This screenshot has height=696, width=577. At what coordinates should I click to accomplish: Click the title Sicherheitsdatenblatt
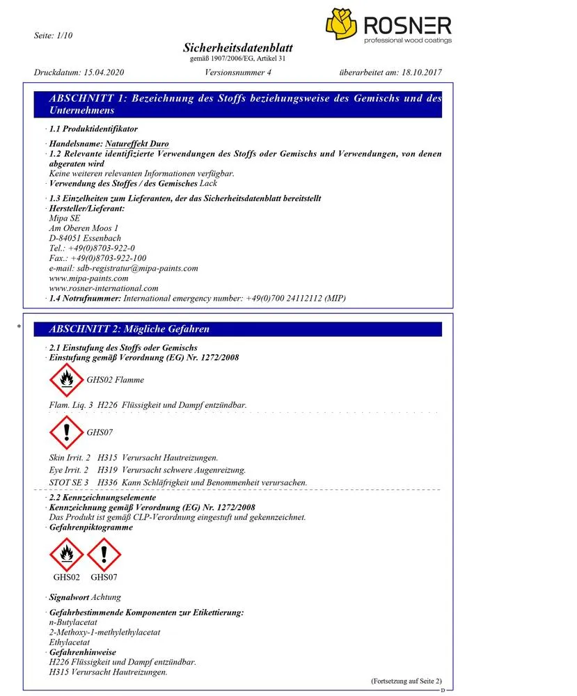coord(237,48)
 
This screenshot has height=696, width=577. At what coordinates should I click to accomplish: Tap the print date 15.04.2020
coord(103,72)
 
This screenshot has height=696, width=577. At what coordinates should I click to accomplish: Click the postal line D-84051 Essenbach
coord(85,238)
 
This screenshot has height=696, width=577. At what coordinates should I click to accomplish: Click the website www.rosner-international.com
coord(104,288)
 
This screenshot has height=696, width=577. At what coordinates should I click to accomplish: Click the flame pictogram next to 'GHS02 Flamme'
coord(66,380)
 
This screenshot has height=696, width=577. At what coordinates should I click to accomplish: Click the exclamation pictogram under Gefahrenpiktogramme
coord(104,554)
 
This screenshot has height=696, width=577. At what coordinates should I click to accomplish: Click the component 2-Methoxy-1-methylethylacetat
coord(104,632)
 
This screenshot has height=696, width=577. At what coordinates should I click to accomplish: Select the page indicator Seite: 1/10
coord(54,35)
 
